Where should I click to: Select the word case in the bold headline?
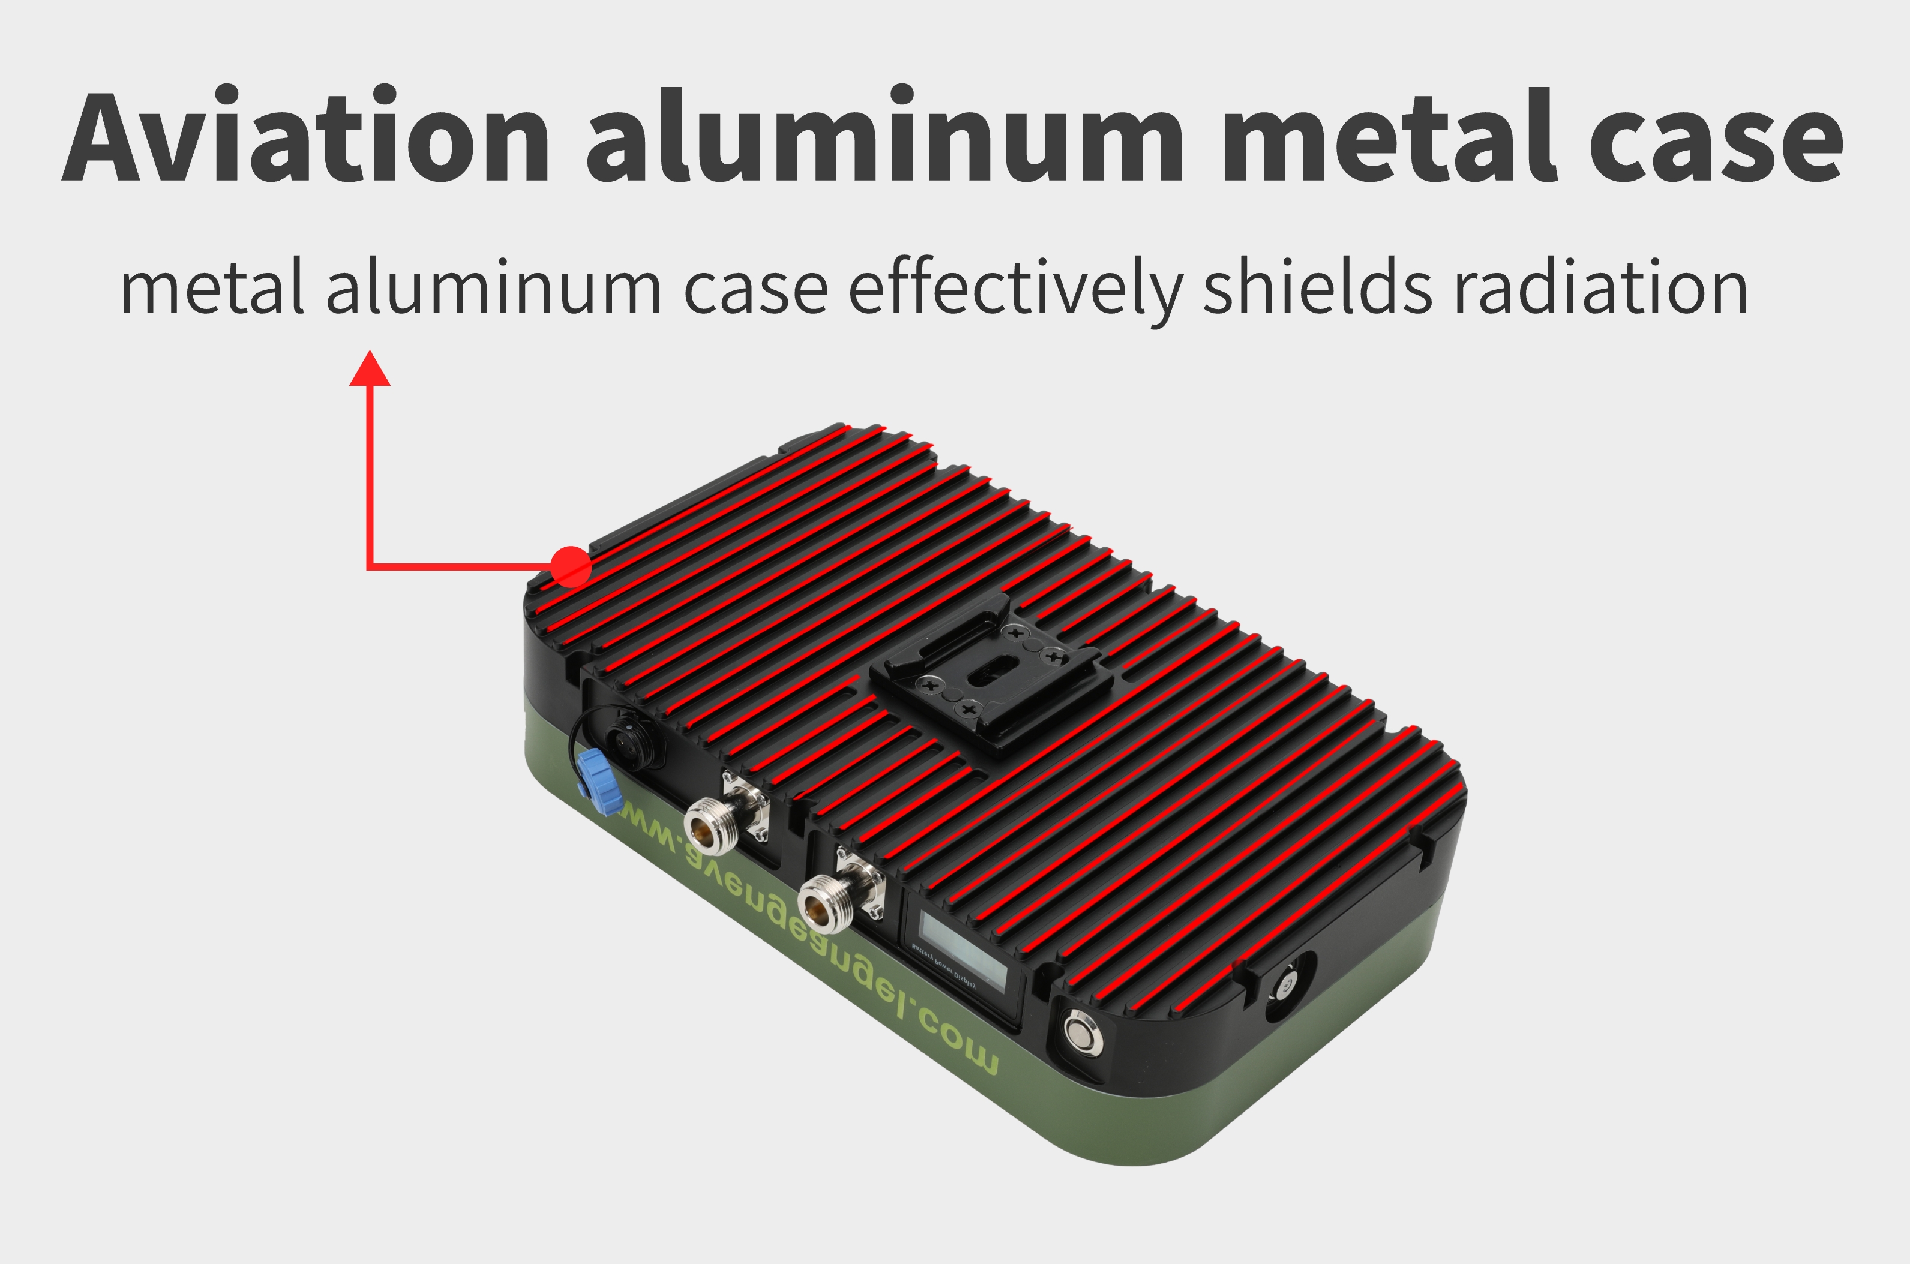pyautogui.click(x=1716, y=139)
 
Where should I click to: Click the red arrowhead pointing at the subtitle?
pyautogui.click(x=370, y=368)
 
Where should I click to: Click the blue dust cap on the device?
pyautogui.click(x=593, y=771)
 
